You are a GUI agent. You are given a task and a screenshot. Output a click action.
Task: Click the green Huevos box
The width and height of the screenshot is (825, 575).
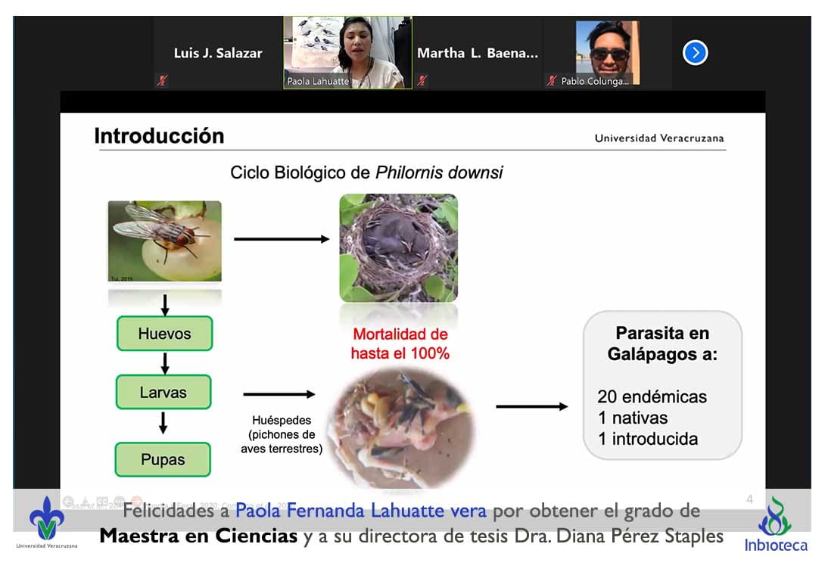point(164,334)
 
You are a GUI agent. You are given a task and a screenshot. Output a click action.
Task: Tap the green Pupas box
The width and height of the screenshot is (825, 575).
point(162,459)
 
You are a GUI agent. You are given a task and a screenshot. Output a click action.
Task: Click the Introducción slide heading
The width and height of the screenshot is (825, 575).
point(159,136)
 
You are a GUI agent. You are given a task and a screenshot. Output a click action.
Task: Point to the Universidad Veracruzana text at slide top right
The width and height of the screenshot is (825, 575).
point(658,138)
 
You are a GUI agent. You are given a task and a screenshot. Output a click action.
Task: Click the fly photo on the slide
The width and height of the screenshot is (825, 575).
point(164,241)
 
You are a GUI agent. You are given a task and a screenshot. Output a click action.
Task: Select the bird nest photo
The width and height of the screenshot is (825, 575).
point(398,247)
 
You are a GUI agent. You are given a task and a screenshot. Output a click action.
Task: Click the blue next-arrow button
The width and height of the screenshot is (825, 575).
point(695,53)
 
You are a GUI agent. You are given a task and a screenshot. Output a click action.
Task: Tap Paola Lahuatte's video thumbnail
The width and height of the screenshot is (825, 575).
point(347,52)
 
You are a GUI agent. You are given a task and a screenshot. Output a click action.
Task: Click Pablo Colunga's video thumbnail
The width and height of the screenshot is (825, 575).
point(607,52)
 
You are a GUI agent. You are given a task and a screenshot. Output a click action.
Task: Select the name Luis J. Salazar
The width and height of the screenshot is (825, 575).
point(218,53)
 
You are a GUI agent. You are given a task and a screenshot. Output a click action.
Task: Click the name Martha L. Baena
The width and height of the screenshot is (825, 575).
point(477,53)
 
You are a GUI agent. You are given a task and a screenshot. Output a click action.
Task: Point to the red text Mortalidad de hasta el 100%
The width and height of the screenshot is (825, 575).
point(400,343)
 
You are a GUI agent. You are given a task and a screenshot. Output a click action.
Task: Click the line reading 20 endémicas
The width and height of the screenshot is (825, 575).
point(652,396)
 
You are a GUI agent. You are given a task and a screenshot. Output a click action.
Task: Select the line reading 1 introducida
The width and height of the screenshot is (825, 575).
point(647,439)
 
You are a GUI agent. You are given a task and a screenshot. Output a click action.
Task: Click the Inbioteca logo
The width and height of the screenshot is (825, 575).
point(775,524)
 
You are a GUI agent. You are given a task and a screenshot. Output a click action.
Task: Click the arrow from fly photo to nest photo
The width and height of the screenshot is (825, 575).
point(282,239)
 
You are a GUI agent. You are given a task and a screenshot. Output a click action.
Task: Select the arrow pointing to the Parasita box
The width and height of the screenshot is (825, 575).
point(531,407)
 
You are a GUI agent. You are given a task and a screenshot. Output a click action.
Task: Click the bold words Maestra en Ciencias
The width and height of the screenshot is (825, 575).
point(199,537)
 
